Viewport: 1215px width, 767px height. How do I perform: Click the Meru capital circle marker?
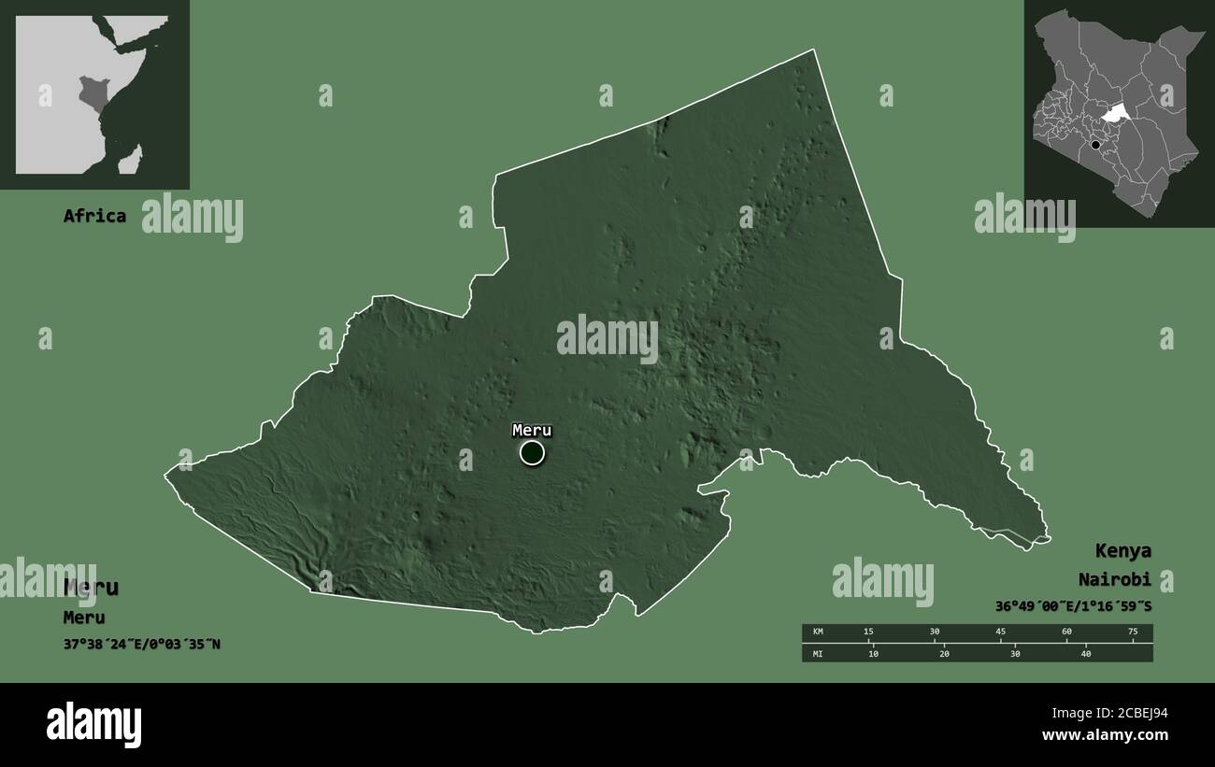point(532,453)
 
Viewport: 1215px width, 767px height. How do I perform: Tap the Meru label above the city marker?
point(532,431)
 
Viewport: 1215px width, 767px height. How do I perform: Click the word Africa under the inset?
point(94,216)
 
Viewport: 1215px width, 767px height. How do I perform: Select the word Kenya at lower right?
point(1123,550)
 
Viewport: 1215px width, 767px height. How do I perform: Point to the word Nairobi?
point(1114,579)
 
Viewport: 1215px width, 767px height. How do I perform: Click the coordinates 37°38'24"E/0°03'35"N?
point(142,645)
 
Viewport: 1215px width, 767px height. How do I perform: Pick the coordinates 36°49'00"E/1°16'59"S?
point(1073,606)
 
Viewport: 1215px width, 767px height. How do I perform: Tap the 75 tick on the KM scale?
point(1133,632)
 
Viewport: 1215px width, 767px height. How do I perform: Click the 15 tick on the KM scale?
point(868,632)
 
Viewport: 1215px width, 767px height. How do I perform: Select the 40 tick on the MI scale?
point(1086,654)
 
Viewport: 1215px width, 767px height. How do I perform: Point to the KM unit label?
point(819,632)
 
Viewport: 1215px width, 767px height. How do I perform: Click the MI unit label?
point(819,654)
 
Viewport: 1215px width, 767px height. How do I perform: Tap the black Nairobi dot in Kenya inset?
point(1095,145)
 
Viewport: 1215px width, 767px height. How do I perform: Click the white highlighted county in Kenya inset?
point(1112,114)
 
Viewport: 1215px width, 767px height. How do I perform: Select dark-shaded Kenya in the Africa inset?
point(92,94)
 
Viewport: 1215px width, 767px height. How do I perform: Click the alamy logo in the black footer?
point(93,725)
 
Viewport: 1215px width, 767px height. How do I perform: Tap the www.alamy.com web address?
point(1106,736)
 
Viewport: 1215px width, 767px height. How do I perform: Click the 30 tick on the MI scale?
point(1015,654)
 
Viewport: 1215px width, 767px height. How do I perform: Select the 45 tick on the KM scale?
point(1001,632)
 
